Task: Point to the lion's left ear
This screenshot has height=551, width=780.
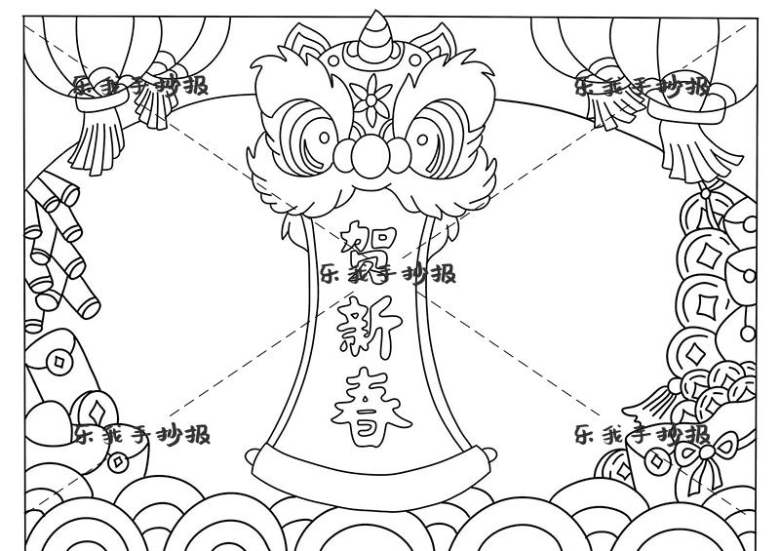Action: [x=302, y=43]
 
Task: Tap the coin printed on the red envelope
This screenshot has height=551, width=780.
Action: [x=61, y=364]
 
